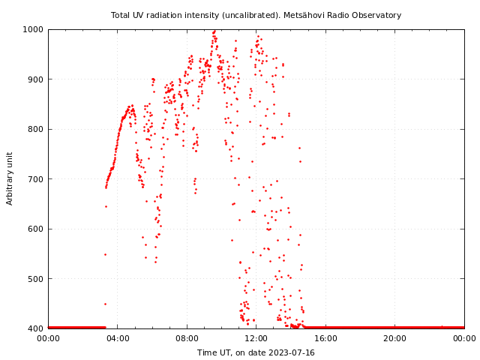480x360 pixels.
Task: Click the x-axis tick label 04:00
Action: coord(118,338)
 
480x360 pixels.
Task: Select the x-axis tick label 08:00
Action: coord(187,338)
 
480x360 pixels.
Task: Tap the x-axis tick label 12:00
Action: coord(256,338)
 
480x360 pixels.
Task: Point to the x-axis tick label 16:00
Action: coord(325,338)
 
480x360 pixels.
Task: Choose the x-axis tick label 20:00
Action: coord(395,338)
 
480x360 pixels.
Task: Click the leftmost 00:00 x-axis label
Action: coord(48,338)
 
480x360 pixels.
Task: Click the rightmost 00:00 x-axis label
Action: coord(464,338)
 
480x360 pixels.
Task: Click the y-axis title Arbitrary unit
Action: coord(10,178)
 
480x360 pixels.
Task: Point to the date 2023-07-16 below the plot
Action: coord(291,352)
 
